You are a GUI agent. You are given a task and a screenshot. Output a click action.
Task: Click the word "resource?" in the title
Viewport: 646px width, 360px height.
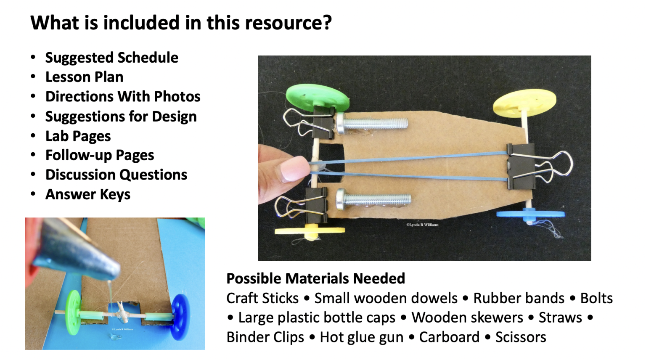[288, 23]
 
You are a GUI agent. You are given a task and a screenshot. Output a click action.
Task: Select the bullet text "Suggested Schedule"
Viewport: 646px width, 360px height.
[111, 58]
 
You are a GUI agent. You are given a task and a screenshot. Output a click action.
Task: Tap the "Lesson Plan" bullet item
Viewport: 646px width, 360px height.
[84, 77]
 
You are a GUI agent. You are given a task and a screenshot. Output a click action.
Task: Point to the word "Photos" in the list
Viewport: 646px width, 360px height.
[177, 97]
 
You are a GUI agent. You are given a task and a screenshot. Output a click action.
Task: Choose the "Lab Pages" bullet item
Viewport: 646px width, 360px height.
[78, 136]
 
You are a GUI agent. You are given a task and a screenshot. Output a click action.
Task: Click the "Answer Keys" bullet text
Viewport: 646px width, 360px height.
[87, 194]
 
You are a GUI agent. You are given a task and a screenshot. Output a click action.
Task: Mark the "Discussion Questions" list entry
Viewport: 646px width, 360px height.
[116, 175]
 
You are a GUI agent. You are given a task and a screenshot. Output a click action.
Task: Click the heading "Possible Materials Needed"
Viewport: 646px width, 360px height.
[315, 278]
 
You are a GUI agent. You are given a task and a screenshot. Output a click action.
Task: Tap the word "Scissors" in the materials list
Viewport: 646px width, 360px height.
[520, 337]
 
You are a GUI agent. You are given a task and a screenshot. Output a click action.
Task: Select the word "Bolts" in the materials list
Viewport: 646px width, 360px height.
[596, 298]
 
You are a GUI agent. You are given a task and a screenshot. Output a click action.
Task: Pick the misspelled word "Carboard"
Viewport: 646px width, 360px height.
[449, 337]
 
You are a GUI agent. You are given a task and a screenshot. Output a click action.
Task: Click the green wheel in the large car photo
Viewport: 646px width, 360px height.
[317, 97]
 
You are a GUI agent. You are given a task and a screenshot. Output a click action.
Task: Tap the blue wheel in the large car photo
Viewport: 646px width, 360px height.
[530, 214]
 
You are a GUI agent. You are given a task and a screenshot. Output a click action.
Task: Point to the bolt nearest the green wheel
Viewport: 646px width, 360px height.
[372, 124]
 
